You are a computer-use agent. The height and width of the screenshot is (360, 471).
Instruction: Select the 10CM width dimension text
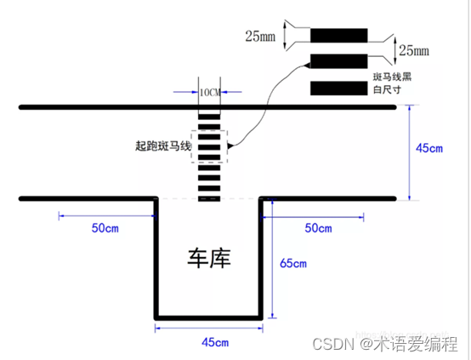(x=209, y=92)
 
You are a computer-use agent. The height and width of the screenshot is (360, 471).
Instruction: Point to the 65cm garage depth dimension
(x=292, y=263)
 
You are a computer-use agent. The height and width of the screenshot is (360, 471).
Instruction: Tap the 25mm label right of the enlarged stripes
(x=414, y=50)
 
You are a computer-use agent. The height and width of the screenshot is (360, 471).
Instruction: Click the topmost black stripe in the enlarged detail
(x=338, y=36)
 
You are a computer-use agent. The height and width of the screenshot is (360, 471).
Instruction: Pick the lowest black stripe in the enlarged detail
(x=338, y=89)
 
